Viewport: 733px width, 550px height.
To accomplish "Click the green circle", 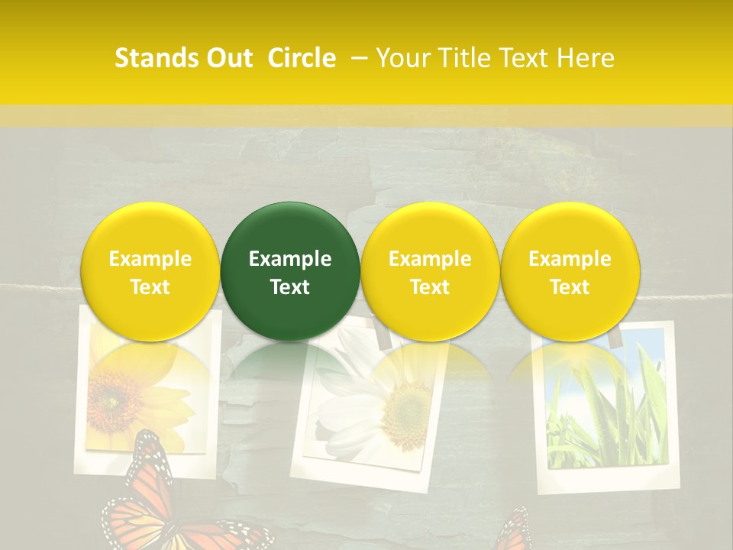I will coord(290,271).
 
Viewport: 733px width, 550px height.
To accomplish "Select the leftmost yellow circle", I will coord(150,271).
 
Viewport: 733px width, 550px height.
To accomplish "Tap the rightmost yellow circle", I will coord(570,271).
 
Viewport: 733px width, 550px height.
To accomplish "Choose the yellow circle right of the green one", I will coord(430,271).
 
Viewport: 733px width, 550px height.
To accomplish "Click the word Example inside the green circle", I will coord(290,259).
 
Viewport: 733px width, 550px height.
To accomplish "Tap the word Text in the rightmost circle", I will coord(570,287).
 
